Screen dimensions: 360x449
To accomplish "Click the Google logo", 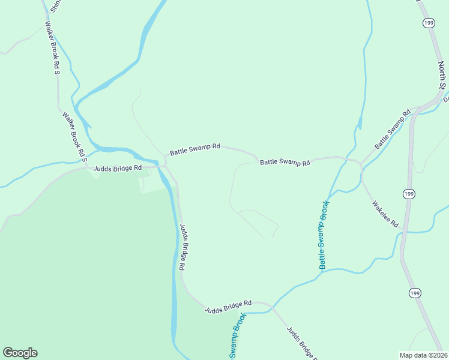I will [x=20, y=353].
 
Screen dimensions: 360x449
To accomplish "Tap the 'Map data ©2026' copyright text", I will [x=423, y=355].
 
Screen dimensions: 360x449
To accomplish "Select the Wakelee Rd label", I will [x=385, y=214].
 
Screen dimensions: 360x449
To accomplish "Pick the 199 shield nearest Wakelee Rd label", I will [x=409, y=194].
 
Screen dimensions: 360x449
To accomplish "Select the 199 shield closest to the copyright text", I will [x=415, y=293].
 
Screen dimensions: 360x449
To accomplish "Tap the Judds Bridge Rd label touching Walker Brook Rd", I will [x=117, y=168].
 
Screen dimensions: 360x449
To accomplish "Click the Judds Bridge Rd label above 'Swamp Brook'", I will [x=228, y=307].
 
